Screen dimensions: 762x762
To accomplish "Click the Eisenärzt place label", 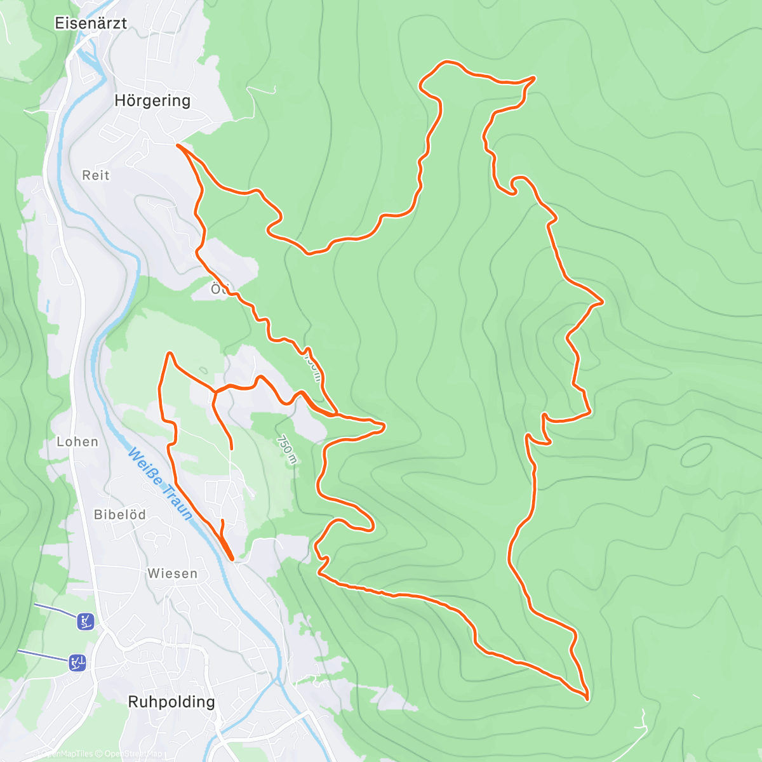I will pos(91,23).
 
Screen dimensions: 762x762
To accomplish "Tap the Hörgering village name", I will pos(152,100).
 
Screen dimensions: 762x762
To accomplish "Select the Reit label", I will pos(96,175).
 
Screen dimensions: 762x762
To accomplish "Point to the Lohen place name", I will pos(77,441).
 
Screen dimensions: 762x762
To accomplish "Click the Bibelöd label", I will pos(120,514).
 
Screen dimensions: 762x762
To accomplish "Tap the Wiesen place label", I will pos(172,573).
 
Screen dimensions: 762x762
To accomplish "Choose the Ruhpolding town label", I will pos(171,702).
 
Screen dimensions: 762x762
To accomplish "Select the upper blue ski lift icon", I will pos(86,621).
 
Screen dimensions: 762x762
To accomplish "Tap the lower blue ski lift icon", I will pos(77,663).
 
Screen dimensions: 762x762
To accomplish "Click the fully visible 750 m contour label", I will pos(286,449).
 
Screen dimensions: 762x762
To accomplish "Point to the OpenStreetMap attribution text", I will pos(133,754).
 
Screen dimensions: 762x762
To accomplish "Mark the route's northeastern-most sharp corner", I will pos(534,77).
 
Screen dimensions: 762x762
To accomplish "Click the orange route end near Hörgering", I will pos(178,145).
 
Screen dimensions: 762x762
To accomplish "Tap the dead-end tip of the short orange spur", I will pos(231,448).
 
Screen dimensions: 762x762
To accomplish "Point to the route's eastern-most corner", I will pos(601,302).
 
